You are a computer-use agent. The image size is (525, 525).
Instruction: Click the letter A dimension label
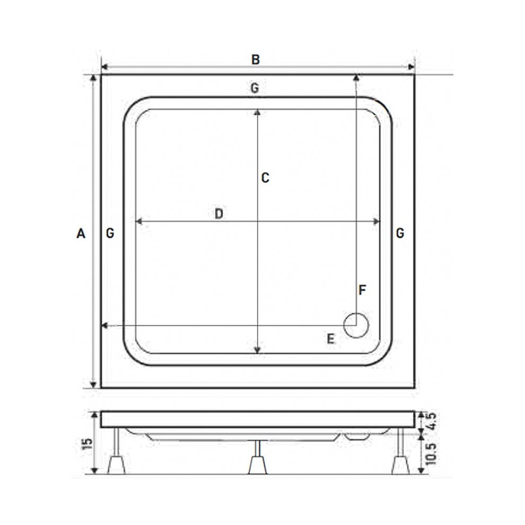81,233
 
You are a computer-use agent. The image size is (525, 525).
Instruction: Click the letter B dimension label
256,59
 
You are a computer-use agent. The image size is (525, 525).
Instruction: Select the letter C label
266,178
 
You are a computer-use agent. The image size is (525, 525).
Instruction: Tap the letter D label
218,214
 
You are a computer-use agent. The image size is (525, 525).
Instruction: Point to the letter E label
330,339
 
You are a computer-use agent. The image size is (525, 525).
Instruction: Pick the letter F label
363,291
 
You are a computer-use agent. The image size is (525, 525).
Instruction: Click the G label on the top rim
255,89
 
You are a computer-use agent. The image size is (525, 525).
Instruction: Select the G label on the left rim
110,233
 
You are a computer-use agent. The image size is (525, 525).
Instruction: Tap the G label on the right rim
400,233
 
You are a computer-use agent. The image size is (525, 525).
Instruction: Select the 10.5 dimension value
431,452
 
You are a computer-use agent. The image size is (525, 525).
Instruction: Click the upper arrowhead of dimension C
257,112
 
